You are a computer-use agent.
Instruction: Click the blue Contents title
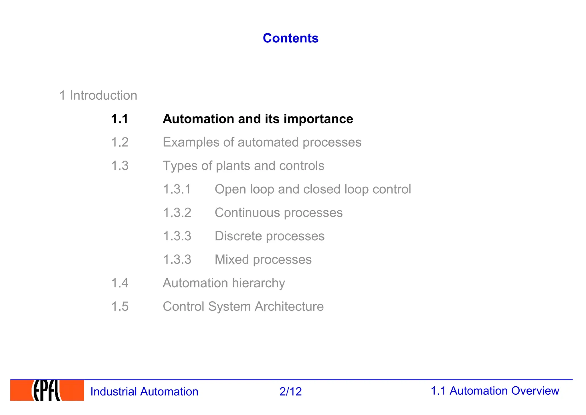(290, 38)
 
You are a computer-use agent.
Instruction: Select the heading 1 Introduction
(98, 95)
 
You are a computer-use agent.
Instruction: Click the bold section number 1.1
(120, 119)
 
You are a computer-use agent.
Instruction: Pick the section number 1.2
(120, 142)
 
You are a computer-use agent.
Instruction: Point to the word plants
(233, 166)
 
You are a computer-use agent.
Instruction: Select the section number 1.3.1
(177, 189)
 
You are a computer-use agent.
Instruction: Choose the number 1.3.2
(177, 213)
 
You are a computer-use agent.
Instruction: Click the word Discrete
(238, 236)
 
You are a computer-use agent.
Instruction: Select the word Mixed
(232, 260)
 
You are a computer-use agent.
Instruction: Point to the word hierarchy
(258, 283)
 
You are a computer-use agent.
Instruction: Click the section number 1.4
(120, 283)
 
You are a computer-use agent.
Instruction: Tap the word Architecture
(289, 306)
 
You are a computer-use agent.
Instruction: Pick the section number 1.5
(120, 306)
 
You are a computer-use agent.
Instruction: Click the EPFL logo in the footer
(47, 390)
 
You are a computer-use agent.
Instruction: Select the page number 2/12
(290, 392)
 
